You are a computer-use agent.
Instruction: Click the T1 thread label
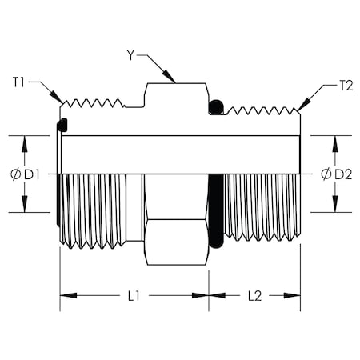(18, 82)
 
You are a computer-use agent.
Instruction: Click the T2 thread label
(346, 86)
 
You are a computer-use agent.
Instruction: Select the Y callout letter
(130, 55)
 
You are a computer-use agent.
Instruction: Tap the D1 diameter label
(32, 174)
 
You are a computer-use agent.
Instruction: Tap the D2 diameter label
(343, 174)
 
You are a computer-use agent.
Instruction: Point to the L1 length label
(134, 296)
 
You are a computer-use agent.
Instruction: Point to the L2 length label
(255, 296)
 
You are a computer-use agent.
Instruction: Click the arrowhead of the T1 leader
(57, 97)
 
